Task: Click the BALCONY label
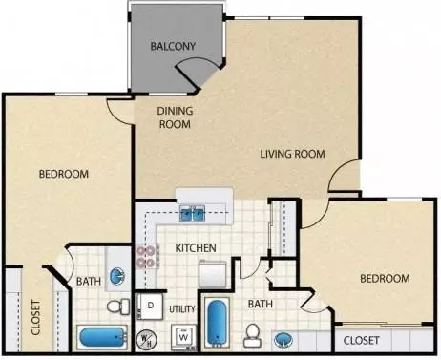click(173, 46)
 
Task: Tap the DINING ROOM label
click(175, 117)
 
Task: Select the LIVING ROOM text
click(293, 154)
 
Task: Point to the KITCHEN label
click(196, 248)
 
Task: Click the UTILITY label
click(182, 309)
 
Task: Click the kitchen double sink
click(193, 213)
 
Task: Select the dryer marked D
click(150, 306)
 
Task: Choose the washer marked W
click(183, 337)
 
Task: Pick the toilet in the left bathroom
click(118, 307)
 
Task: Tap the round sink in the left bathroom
click(117, 277)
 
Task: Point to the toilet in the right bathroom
click(253, 336)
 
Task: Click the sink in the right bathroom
click(283, 339)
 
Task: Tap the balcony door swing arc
click(199, 64)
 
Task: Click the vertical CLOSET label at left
click(36, 317)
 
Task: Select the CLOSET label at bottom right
click(361, 341)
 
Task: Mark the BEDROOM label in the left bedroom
click(64, 174)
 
